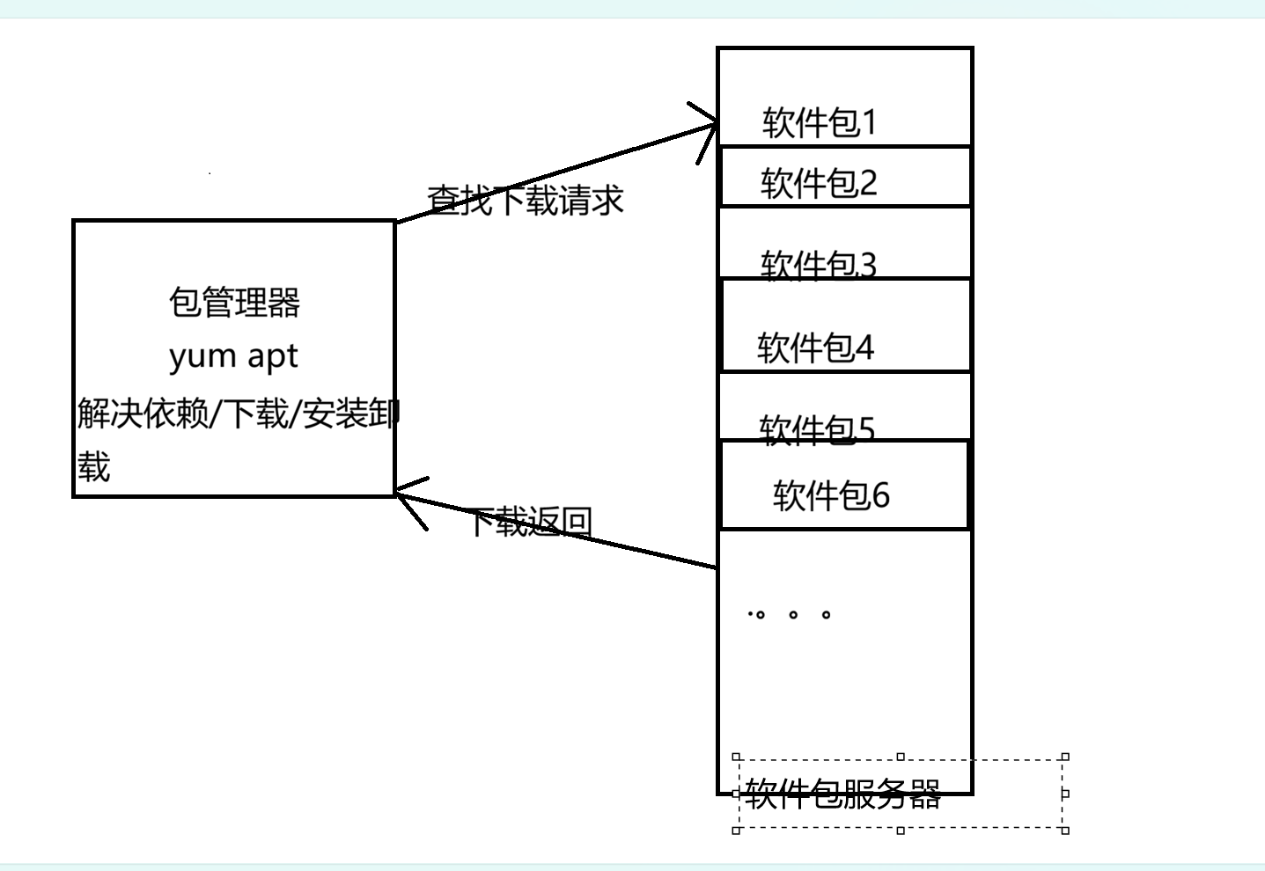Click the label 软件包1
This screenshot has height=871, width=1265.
click(x=820, y=122)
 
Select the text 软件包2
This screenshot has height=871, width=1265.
click(x=819, y=183)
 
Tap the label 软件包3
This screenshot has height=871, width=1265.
click(x=819, y=264)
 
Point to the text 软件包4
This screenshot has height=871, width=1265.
click(x=815, y=348)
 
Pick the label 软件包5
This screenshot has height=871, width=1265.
click(x=817, y=429)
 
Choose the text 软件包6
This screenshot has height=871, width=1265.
click(x=831, y=495)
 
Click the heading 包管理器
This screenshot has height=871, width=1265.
click(x=234, y=303)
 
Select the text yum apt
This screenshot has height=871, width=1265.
click(x=233, y=356)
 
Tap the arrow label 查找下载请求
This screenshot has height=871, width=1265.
click(x=526, y=201)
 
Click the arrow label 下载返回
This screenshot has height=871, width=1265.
click(x=530, y=522)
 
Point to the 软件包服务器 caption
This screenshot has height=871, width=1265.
click(x=842, y=794)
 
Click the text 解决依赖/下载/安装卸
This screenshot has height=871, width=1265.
click(x=238, y=413)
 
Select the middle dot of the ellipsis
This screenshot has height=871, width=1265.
click(x=793, y=614)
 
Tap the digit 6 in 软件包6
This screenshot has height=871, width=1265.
click(x=880, y=495)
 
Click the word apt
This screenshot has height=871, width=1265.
click(x=272, y=356)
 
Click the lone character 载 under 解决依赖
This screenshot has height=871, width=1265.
click(x=93, y=466)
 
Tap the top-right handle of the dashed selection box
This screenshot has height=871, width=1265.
click(x=1065, y=757)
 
